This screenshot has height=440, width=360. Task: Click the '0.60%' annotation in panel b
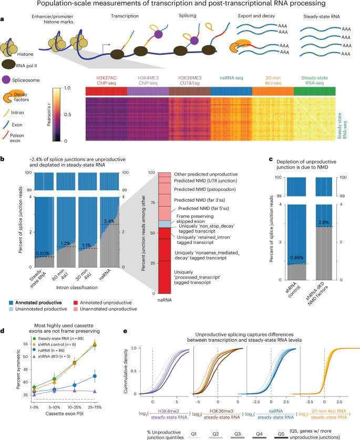pos(42,253)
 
